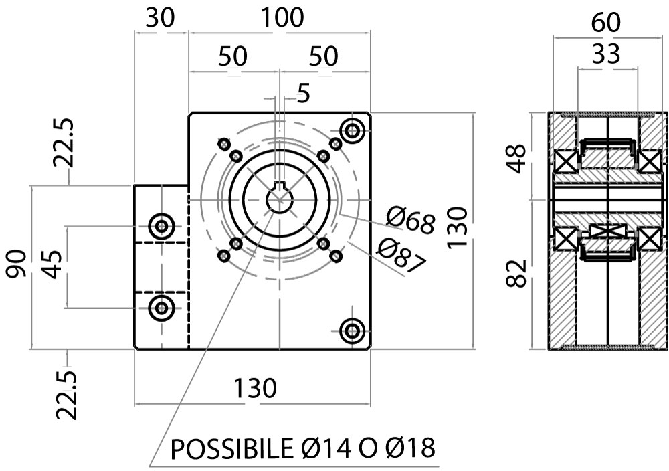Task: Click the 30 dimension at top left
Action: (x=161, y=18)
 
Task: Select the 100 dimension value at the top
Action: (x=282, y=18)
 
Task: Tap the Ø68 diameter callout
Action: (x=410, y=220)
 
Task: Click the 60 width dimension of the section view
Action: (x=606, y=23)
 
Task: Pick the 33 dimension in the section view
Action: (x=606, y=55)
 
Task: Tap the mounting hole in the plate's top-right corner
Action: (x=352, y=130)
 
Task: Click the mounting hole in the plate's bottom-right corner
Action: (x=352, y=330)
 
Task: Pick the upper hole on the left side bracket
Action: (x=161, y=226)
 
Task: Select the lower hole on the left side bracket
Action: (x=161, y=308)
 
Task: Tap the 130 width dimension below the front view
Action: (x=255, y=387)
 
